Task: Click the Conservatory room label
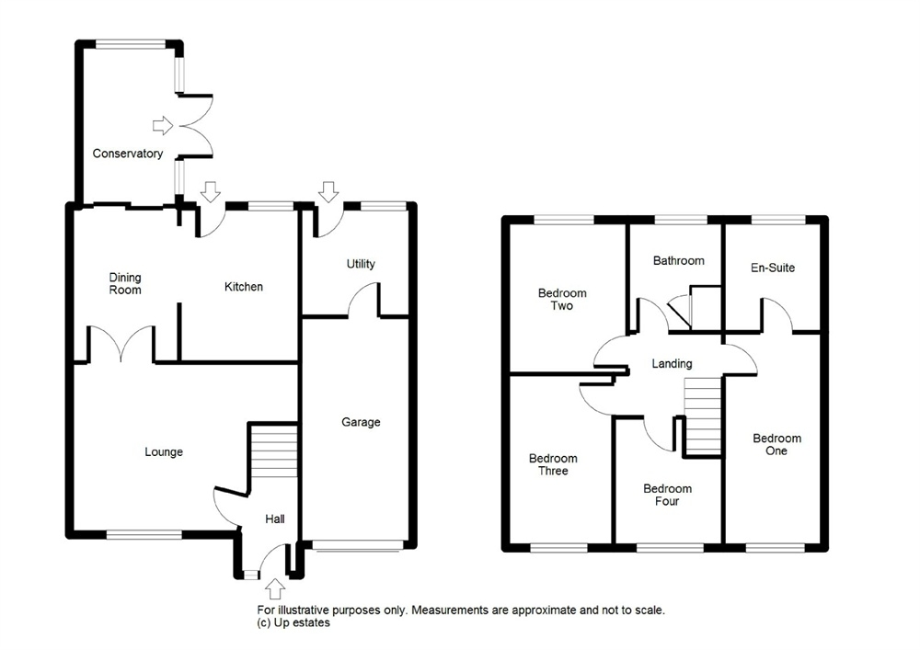tap(128, 154)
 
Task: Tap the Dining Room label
tap(125, 284)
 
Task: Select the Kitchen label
tap(244, 287)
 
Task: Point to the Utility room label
tap(361, 264)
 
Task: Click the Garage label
tap(361, 422)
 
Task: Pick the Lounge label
tap(164, 452)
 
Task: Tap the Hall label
tap(274, 519)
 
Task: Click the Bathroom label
tap(679, 261)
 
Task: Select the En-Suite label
tap(773, 268)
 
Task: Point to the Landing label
tap(672, 364)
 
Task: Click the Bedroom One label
tap(776, 444)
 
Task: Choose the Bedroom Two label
tap(562, 299)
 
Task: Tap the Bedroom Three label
tap(553, 464)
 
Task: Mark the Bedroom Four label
tap(667, 495)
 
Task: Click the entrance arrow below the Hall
tap(275, 589)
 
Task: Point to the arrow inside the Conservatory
tap(163, 125)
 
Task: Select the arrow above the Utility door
tap(328, 191)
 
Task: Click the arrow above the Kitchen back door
tap(210, 191)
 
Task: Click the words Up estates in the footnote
tap(302, 623)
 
